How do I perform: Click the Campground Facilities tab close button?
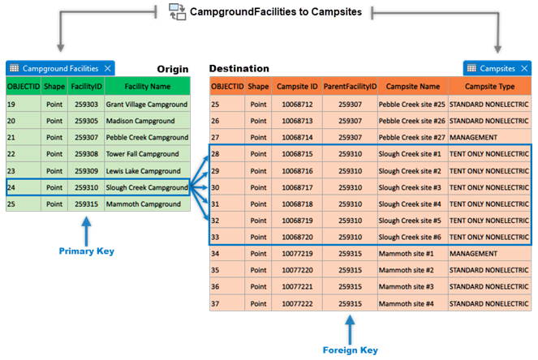click(x=107, y=69)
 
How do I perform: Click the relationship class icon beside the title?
click(x=177, y=11)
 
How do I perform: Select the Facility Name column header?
click(x=147, y=86)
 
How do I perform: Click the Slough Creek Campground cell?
click(x=147, y=187)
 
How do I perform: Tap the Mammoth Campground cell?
click(x=147, y=204)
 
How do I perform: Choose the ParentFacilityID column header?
click(x=350, y=86)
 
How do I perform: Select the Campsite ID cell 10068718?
click(x=296, y=204)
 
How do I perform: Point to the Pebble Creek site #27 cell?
click(x=412, y=137)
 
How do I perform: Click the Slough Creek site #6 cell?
click(x=412, y=237)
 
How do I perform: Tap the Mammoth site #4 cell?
click(x=412, y=302)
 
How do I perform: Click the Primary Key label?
click(x=87, y=251)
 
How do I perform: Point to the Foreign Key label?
click(x=350, y=350)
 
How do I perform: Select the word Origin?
click(x=173, y=69)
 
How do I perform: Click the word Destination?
click(x=239, y=69)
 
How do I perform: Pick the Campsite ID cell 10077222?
click(x=296, y=302)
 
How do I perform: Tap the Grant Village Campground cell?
click(x=147, y=105)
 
